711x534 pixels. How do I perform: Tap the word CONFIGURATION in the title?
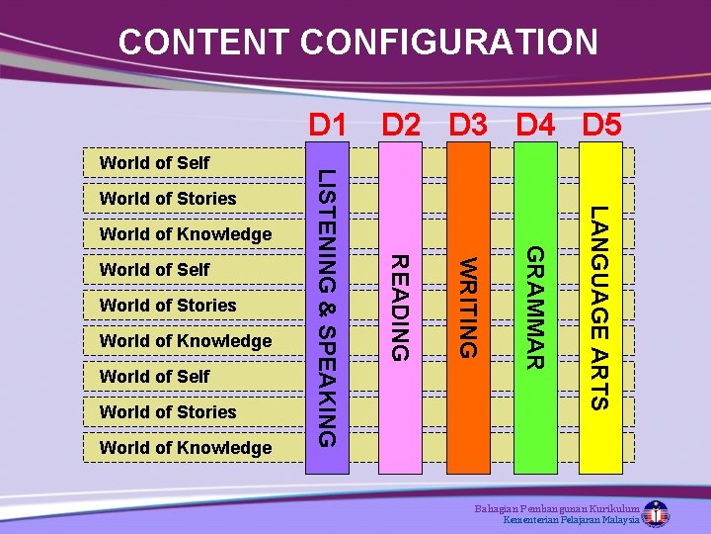click(449, 43)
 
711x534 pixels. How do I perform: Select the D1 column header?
click(328, 126)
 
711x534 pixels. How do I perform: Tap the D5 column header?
click(602, 126)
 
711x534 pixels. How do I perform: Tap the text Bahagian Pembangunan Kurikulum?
click(556, 507)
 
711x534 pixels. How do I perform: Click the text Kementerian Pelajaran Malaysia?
click(571, 520)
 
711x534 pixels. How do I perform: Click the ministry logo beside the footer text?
click(655, 514)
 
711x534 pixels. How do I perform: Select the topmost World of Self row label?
click(154, 162)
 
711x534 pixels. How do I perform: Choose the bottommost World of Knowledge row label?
click(186, 447)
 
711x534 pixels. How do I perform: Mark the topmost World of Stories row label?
click(168, 198)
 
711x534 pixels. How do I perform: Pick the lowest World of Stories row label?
click(168, 411)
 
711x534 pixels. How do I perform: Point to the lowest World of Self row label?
click(154, 376)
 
